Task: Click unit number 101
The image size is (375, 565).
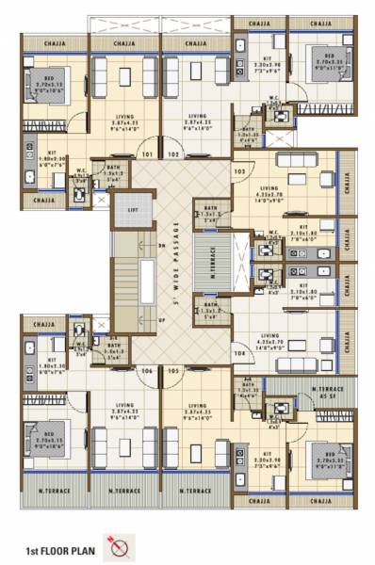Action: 146,153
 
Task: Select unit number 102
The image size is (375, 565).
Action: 173,153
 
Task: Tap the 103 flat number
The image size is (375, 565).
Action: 239,171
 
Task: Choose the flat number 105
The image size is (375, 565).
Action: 173,371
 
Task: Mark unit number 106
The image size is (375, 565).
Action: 146,371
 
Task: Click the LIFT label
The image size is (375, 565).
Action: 133,209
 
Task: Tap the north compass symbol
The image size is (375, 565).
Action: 121,545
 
